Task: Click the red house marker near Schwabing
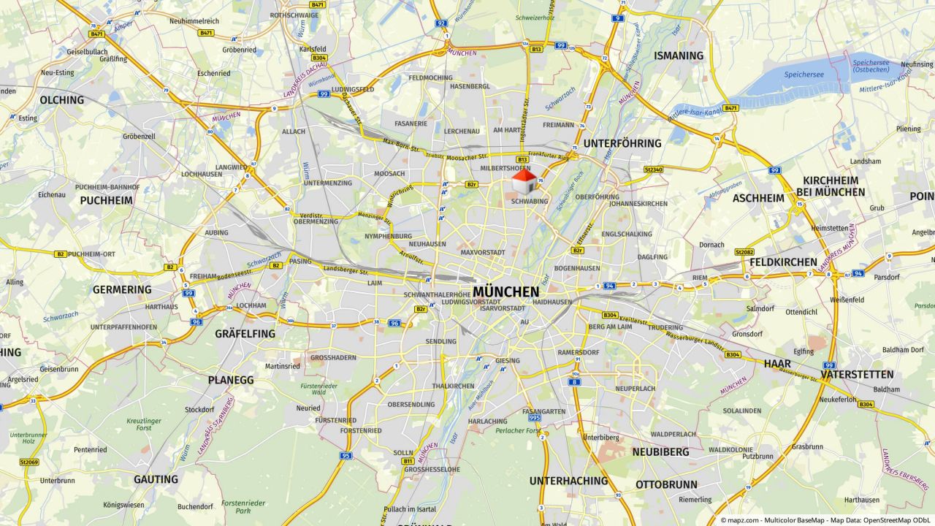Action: tap(524, 182)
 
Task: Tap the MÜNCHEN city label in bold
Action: tap(505, 292)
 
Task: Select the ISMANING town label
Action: tap(679, 56)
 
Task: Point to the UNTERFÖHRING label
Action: tap(622, 143)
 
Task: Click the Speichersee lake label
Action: tap(804, 75)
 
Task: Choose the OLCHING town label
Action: tap(62, 100)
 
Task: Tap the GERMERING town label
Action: tap(122, 289)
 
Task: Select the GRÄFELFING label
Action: tap(245, 334)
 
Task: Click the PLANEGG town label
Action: tap(231, 380)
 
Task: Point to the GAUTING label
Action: tap(156, 479)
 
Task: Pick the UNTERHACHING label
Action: tap(568, 481)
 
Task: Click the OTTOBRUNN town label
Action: tap(666, 484)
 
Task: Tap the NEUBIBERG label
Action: tap(660, 452)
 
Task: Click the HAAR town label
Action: tap(777, 363)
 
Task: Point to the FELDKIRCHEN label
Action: tap(783, 262)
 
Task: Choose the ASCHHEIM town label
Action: tap(758, 198)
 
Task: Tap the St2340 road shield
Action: tap(653, 169)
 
